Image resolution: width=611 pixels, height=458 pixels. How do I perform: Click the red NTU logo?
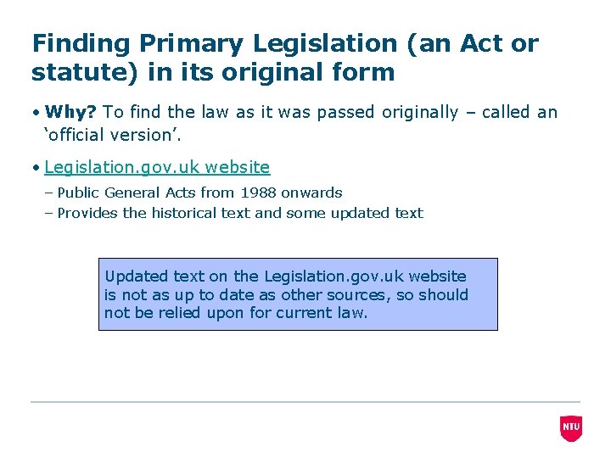(x=571, y=428)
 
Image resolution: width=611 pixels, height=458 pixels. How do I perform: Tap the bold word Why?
(x=71, y=112)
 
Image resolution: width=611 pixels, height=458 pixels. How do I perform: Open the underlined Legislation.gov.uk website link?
(x=157, y=168)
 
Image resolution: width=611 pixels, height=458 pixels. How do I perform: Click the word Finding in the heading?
(x=80, y=43)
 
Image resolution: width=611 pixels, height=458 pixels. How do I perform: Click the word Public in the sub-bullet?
(x=77, y=193)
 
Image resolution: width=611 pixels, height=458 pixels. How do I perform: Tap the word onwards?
(x=313, y=193)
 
